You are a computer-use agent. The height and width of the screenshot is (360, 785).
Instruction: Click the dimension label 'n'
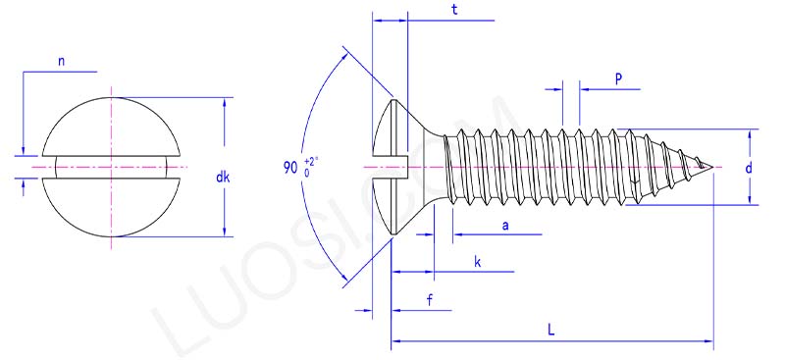click(61, 61)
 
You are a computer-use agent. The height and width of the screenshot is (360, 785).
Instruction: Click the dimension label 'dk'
click(223, 178)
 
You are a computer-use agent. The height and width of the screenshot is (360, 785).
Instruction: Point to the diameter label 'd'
click(749, 168)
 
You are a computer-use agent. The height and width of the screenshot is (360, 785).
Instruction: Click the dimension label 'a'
click(505, 226)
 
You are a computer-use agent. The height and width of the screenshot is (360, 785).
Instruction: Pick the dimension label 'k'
click(477, 263)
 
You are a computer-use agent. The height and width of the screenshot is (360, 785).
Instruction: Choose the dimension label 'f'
click(430, 299)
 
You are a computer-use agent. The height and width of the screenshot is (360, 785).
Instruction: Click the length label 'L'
click(551, 330)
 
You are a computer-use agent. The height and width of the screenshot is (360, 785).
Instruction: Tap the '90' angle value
click(290, 168)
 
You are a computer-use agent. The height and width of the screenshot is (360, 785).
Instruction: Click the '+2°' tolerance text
click(311, 160)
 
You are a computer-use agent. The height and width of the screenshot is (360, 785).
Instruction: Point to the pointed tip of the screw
click(713, 168)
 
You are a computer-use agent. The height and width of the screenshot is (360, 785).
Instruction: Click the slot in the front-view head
click(113, 167)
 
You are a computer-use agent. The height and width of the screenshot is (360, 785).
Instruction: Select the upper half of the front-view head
click(113, 126)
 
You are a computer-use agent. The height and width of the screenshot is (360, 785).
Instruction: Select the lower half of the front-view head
click(113, 208)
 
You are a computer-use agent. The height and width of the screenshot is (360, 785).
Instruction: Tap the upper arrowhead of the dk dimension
click(227, 102)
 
